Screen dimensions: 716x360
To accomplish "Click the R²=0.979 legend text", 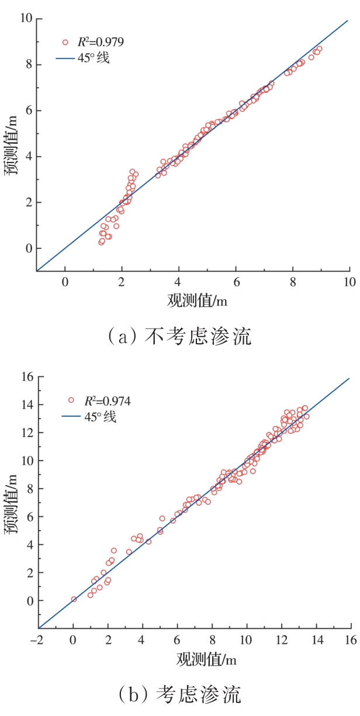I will pos(101,42).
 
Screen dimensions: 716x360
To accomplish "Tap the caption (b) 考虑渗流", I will pos(180,695).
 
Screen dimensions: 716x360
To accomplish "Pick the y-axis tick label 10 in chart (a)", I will pos(24,19).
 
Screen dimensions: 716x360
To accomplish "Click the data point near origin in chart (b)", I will pos(74,599).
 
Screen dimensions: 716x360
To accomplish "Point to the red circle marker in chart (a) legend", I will pos(66,42).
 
